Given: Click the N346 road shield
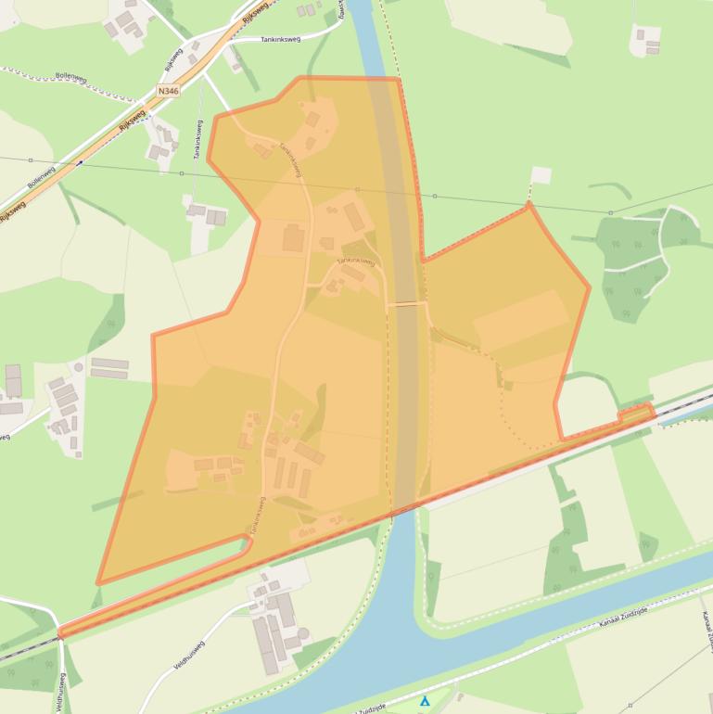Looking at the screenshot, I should (x=168, y=91).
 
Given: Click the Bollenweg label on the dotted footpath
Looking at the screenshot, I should (x=70, y=76).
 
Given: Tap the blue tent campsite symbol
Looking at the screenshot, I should (x=425, y=701).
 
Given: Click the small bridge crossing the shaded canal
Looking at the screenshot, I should (x=406, y=303).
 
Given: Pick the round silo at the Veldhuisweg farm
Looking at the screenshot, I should (x=303, y=634).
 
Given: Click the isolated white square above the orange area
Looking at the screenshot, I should (x=541, y=174).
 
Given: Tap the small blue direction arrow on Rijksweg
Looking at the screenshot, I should (x=80, y=162).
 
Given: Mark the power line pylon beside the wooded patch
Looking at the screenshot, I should (x=610, y=213).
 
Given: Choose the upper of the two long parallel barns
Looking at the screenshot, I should (x=108, y=363).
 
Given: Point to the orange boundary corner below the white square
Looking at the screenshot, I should (x=528, y=205).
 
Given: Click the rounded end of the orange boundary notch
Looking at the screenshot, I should (x=249, y=542).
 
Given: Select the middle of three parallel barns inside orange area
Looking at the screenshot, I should (x=291, y=477).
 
